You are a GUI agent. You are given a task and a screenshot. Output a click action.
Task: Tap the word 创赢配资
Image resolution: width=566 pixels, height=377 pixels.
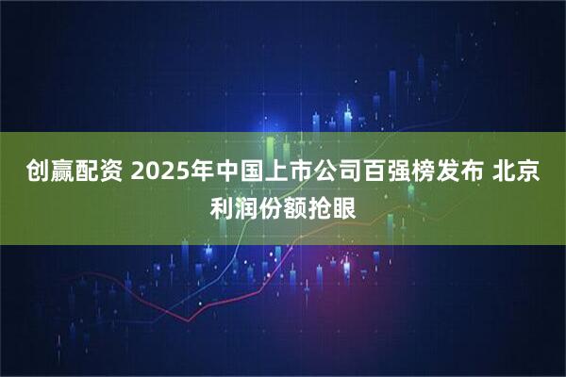[x=72, y=172]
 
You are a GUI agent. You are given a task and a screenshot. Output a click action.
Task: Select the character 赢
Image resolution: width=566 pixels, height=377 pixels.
[x=59, y=172]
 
